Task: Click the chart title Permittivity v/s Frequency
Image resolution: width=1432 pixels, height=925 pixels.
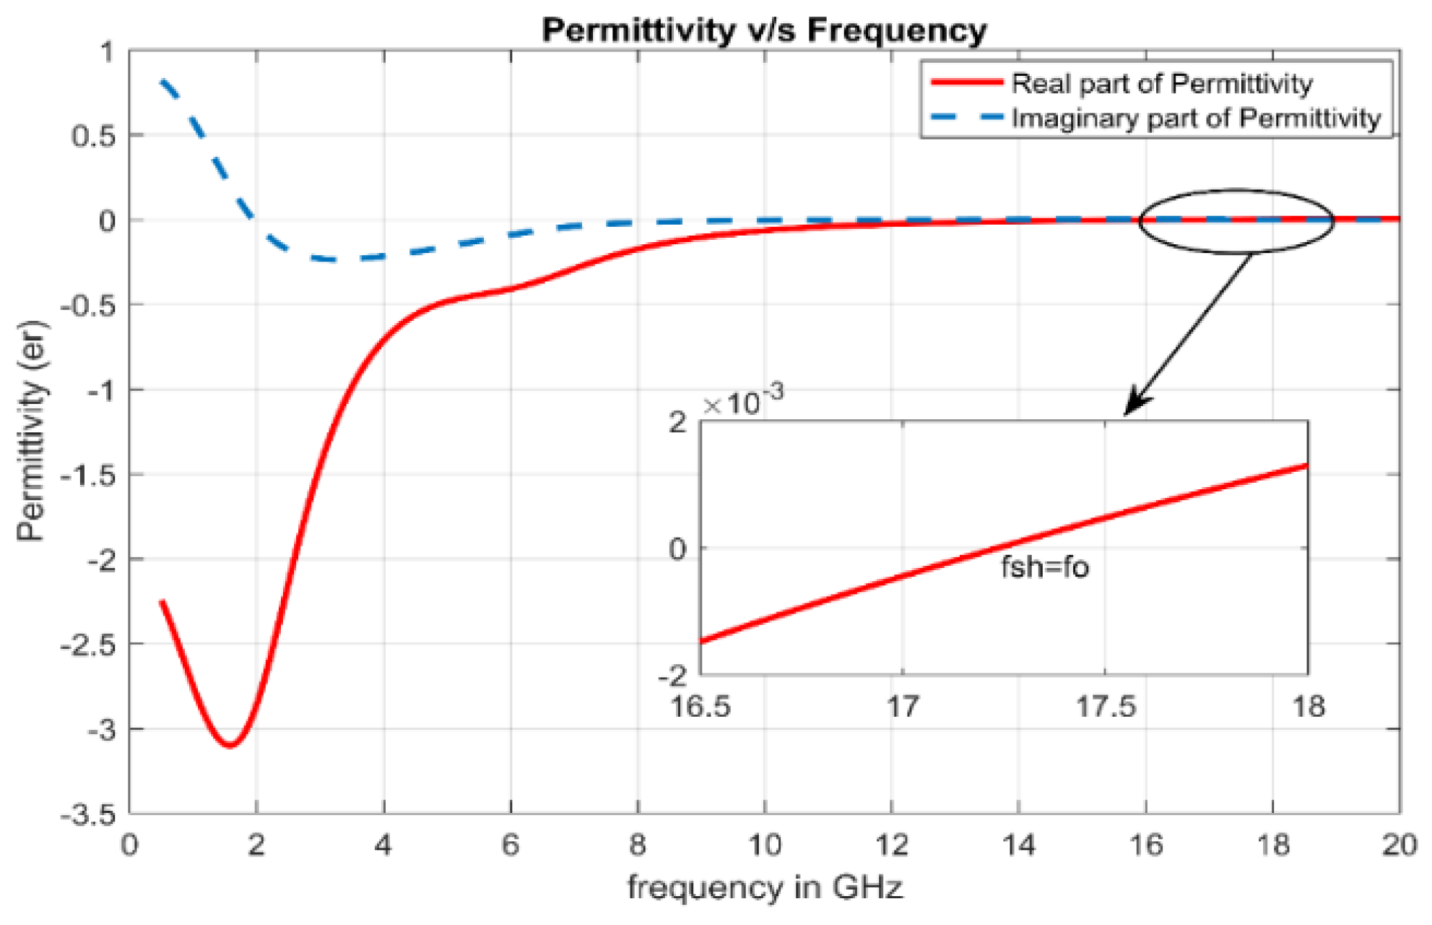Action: (764, 30)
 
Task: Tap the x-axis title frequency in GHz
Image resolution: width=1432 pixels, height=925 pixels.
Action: (764, 887)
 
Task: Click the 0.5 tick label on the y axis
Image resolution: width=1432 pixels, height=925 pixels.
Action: (93, 136)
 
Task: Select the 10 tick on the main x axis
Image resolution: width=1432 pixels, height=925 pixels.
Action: (764, 844)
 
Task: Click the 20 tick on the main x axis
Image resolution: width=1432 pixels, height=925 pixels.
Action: (1399, 844)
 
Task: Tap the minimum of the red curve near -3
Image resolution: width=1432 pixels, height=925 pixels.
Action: (230, 745)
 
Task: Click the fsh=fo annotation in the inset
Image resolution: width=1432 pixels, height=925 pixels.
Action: (1044, 567)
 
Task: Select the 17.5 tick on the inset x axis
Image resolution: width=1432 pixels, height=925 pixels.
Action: (1106, 706)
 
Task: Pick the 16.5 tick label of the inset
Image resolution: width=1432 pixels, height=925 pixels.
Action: (700, 706)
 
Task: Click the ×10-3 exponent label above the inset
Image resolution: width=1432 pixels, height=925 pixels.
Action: (744, 402)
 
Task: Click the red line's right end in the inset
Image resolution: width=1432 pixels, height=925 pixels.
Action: (1306, 466)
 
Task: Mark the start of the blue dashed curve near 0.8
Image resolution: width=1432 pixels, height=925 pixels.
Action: (162, 81)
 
